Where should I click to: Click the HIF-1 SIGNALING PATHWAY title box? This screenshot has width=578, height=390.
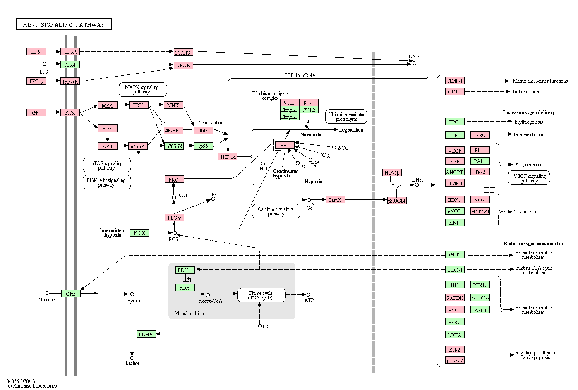click(x=64, y=24)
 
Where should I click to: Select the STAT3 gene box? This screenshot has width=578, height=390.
click(x=183, y=53)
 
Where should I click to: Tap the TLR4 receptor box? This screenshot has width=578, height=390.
click(x=70, y=65)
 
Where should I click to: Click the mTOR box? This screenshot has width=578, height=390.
click(x=138, y=146)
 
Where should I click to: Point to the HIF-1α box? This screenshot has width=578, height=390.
click(x=228, y=157)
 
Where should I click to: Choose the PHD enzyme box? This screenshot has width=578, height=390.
click(x=285, y=145)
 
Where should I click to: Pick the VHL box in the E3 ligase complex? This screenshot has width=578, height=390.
click(x=290, y=103)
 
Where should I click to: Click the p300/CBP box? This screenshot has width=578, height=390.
click(x=397, y=201)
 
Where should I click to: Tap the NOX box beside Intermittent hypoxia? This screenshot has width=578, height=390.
click(x=139, y=233)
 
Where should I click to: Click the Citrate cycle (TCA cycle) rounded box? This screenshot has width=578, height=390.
click(x=261, y=295)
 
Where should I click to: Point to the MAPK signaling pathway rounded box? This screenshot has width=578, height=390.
click(x=143, y=89)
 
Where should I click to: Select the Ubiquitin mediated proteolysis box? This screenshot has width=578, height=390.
click(x=346, y=117)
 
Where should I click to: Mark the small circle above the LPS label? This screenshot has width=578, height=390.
click(x=44, y=64)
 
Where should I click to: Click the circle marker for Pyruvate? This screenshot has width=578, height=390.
click(x=132, y=294)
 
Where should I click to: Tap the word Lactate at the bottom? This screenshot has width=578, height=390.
click(x=132, y=363)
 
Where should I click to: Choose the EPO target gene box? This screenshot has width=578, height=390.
click(x=455, y=122)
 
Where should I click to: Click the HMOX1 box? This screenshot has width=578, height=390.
click(x=480, y=211)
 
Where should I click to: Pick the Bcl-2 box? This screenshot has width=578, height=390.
click(x=455, y=349)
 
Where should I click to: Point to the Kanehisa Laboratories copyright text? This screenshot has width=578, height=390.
click(x=32, y=385)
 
